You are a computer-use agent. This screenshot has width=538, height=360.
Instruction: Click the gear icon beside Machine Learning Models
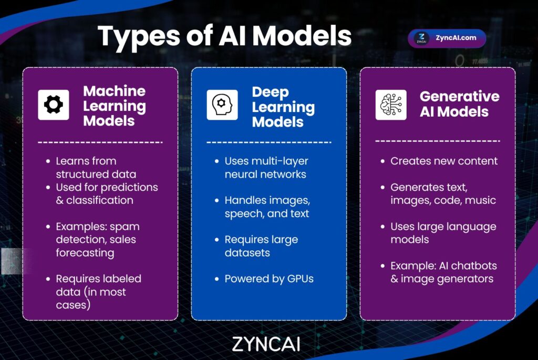pos(54,105)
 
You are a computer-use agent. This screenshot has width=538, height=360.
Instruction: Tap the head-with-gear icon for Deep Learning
pos(222,105)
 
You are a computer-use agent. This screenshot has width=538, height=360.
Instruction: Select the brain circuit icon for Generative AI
pos(391,105)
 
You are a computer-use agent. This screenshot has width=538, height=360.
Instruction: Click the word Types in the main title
pos(139,37)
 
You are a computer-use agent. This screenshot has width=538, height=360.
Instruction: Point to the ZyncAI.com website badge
pos(447,38)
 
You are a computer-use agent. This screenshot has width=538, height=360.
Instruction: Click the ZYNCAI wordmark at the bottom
pos(266,344)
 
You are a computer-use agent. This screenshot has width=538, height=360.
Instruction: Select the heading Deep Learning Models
pos(283,107)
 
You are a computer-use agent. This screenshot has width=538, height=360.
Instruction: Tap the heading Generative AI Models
pos(459,104)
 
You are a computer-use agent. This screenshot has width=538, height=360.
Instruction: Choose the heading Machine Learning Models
pos(114,106)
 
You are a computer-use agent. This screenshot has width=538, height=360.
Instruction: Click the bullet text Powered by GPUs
pos(269,279)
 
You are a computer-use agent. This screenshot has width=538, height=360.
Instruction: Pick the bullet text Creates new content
pos(443,161)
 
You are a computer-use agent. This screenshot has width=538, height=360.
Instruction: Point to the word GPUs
pos(300,279)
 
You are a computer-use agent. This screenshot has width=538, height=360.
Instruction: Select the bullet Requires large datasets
pos(261,246)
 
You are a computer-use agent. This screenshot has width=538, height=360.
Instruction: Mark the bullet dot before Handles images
pos(216,200)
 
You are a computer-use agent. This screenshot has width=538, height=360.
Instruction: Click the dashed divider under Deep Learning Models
pos(269,142)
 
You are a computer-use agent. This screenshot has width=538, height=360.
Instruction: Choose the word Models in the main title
pos(302,36)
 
